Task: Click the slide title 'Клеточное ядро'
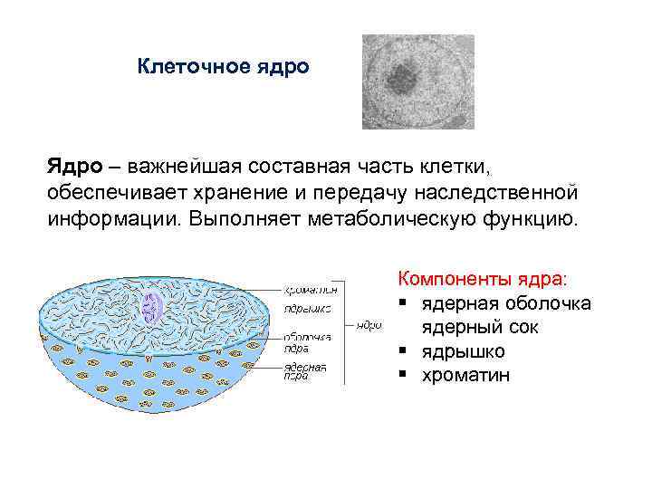[223, 67]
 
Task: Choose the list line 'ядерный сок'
[479, 326]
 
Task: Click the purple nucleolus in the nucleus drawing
[150, 309]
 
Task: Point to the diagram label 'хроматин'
[312, 290]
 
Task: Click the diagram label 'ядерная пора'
[305, 371]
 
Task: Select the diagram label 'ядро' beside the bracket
[368, 323]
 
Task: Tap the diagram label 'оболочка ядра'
[307, 341]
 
